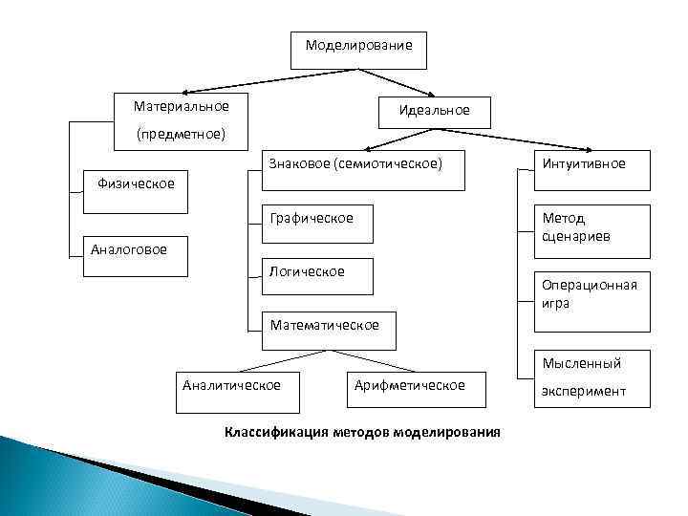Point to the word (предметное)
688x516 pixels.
tap(181, 134)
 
